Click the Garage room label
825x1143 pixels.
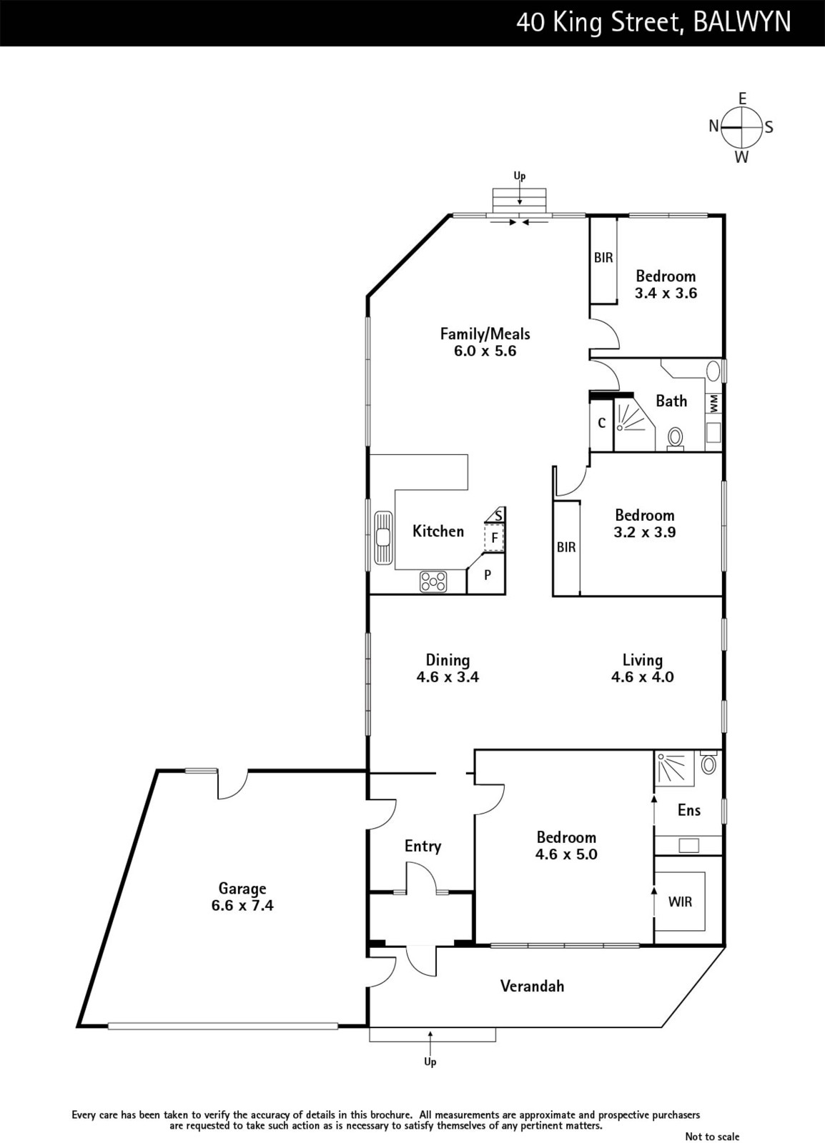point(242,889)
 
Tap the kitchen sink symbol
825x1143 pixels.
point(383,537)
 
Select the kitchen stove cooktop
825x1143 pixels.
point(433,582)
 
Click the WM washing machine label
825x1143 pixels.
point(713,403)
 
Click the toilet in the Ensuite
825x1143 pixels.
point(708,763)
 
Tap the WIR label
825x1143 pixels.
point(680,902)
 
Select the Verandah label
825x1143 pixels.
point(532,986)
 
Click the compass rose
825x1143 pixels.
point(742,127)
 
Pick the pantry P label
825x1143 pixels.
point(488,575)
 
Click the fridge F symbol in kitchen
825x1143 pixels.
point(494,537)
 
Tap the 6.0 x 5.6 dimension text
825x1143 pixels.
point(485,351)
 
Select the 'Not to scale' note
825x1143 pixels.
point(712,1137)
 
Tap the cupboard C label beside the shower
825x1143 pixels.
point(601,422)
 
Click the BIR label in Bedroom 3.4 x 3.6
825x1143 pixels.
point(603,258)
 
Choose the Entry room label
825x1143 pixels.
point(423,846)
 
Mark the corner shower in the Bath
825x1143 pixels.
point(633,424)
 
